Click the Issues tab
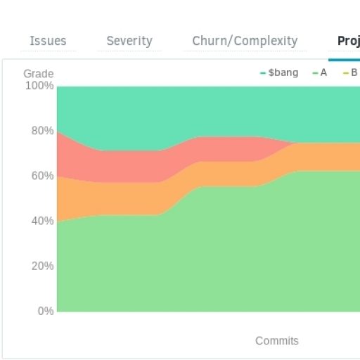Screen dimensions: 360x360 point(48,41)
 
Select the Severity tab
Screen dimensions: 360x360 point(129,41)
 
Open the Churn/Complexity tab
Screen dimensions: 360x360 point(245,41)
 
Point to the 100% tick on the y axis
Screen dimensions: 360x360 point(39,86)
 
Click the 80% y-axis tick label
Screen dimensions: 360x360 point(41,131)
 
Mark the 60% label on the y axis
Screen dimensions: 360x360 point(41,176)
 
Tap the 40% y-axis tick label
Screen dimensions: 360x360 point(41,221)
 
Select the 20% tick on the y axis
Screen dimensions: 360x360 point(41,266)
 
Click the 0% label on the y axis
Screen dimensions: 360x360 point(44,311)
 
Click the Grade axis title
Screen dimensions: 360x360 point(38,74)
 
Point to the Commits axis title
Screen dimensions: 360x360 point(276,341)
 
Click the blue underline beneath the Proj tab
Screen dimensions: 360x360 point(344,60)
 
